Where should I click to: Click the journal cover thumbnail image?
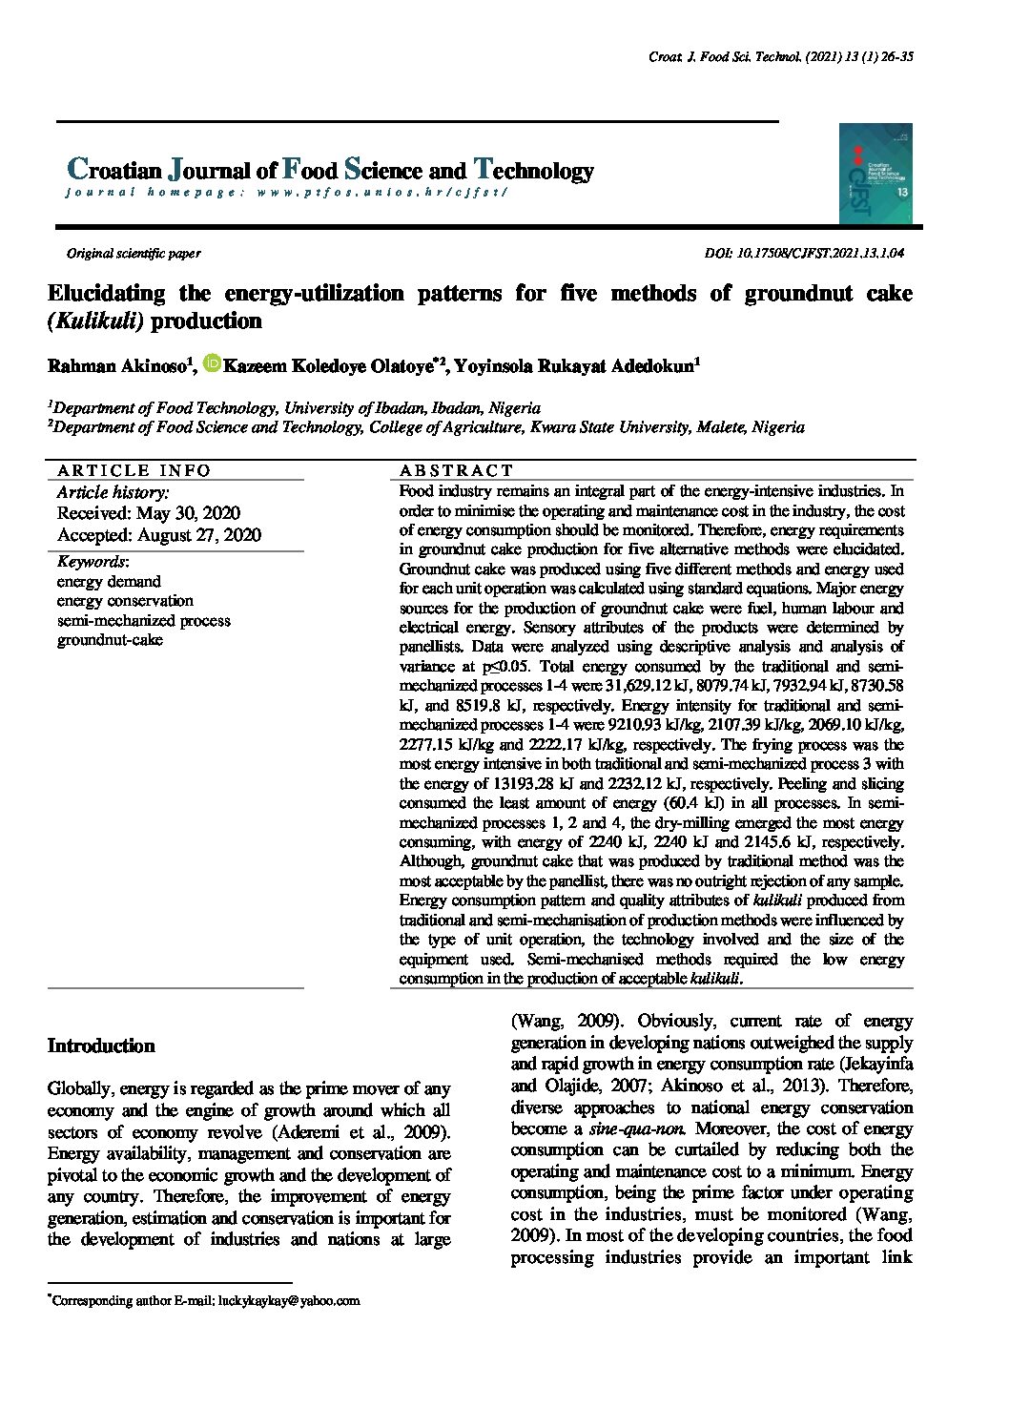click(x=875, y=174)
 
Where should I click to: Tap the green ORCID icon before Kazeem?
click(x=212, y=363)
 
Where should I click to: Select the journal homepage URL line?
click(x=287, y=193)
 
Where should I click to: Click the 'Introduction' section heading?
click(x=101, y=1046)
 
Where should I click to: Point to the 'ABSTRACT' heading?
click(x=456, y=470)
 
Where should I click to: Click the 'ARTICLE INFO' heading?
click(x=134, y=470)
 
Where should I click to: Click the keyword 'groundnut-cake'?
click(x=110, y=640)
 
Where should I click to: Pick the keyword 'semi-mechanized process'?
click(x=143, y=621)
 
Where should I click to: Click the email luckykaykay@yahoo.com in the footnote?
click(x=289, y=1300)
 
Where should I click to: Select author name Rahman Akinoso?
click(x=117, y=366)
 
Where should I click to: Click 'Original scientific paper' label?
click(x=133, y=254)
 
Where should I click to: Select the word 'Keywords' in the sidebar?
click(x=92, y=562)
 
